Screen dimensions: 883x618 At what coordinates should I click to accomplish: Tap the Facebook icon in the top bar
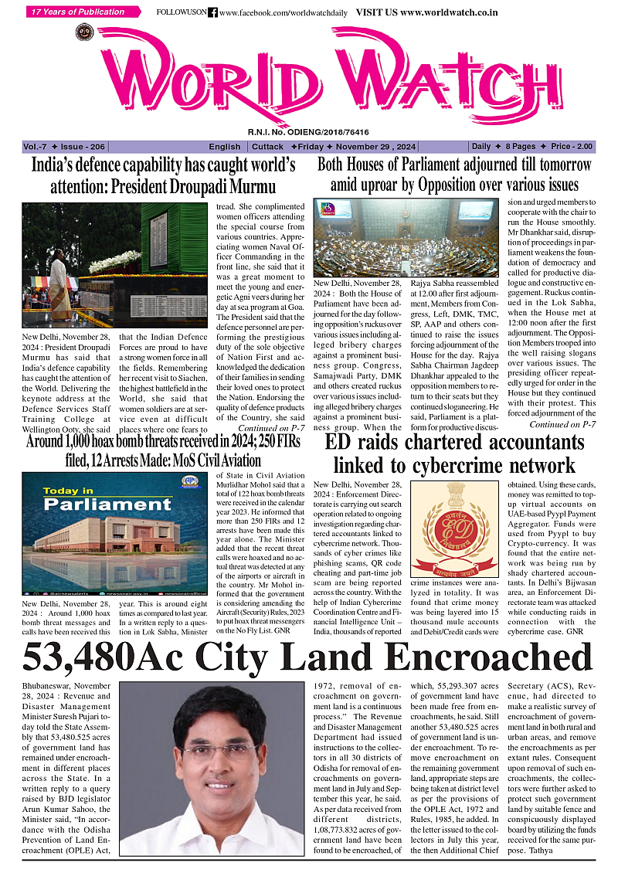(212, 13)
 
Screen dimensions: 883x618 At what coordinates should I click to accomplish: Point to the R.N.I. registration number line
(308, 132)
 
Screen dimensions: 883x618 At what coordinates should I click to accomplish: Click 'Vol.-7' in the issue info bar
(36, 147)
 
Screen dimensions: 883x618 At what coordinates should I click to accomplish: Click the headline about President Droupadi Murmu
(162, 175)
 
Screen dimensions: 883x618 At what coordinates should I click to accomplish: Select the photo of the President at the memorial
(81, 262)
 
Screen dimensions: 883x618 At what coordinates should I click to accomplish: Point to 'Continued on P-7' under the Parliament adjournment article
(562, 424)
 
